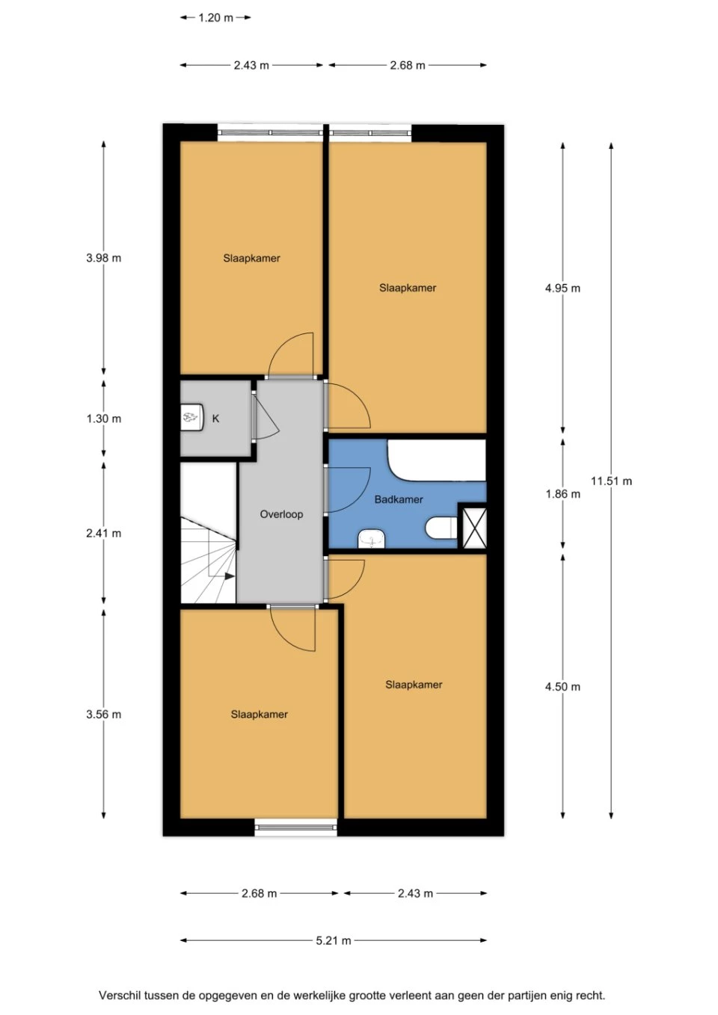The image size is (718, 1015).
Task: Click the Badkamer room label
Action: (x=399, y=499)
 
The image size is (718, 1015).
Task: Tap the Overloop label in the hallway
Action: (x=281, y=514)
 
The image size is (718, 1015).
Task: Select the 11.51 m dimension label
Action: (x=611, y=481)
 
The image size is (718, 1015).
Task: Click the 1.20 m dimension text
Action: (x=215, y=18)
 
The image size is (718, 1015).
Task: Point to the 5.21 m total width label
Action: (x=333, y=941)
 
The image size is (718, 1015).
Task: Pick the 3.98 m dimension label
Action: (x=104, y=259)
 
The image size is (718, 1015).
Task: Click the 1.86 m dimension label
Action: (x=562, y=494)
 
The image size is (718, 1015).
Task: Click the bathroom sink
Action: (x=371, y=539)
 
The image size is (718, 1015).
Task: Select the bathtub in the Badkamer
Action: (x=437, y=460)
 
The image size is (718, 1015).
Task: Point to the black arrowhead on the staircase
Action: (x=230, y=576)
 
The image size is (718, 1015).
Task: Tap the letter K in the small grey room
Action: (x=215, y=419)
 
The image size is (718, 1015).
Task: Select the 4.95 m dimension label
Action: (x=562, y=289)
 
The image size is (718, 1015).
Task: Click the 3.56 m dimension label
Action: (x=104, y=715)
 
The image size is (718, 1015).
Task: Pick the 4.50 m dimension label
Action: (x=562, y=687)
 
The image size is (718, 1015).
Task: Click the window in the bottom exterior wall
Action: (x=296, y=827)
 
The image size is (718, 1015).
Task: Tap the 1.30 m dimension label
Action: (x=104, y=419)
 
